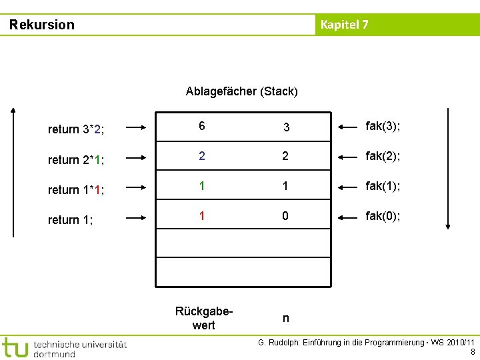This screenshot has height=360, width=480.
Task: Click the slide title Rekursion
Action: pyautogui.click(x=42, y=25)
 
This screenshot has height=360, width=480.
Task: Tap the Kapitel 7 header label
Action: pyautogui.click(x=344, y=25)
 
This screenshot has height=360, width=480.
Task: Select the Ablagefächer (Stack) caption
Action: pyautogui.click(x=241, y=91)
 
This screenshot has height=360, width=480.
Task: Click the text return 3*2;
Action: pyautogui.click(x=75, y=129)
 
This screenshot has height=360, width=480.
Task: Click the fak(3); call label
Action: pyautogui.click(x=383, y=126)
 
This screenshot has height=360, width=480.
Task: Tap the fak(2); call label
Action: pyautogui.click(x=383, y=156)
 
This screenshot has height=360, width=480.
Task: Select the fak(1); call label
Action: pyautogui.click(x=383, y=187)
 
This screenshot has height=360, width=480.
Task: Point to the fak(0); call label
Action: pyautogui.click(x=383, y=217)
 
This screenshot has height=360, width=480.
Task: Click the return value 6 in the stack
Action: pyautogui.click(x=201, y=126)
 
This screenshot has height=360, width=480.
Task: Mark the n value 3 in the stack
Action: pyautogui.click(x=286, y=127)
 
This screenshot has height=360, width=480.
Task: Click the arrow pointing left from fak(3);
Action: pyautogui.click(x=349, y=127)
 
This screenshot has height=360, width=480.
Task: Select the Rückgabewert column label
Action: pyautogui.click(x=203, y=318)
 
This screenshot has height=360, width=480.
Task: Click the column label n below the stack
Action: pyautogui.click(x=286, y=319)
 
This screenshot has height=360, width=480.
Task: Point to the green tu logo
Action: pyautogui.click(x=15, y=347)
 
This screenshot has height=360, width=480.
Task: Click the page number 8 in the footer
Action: pyautogui.click(x=473, y=352)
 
